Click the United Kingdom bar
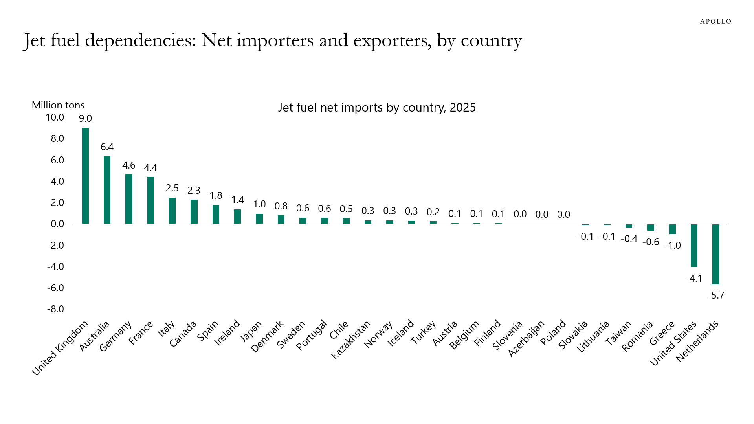point(85,176)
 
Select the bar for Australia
point(107,190)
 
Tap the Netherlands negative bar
point(715,254)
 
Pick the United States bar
point(694,246)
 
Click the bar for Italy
point(172,211)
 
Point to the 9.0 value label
point(85,119)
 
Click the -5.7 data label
point(715,296)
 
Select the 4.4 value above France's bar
point(150,168)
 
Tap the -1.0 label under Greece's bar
point(672,246)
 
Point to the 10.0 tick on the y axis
point(55,117)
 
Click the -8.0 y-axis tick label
point(55,309)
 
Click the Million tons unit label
point(58,105)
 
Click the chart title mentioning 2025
point(377,108)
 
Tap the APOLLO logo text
point(715,22)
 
